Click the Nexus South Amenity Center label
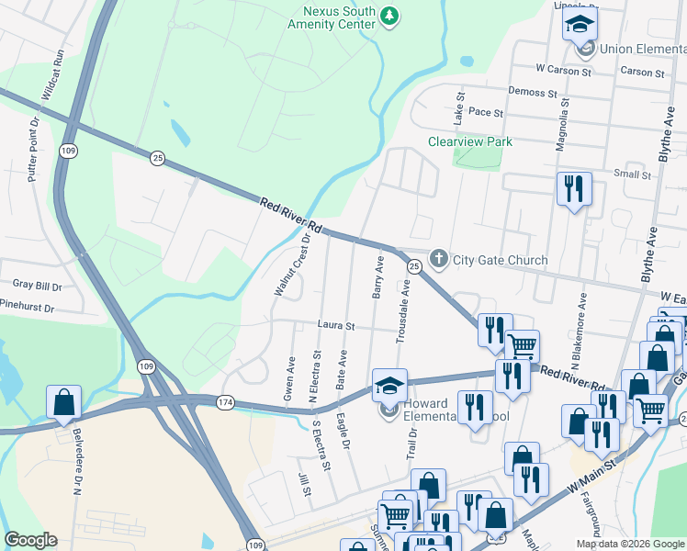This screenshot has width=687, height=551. click(x=339, y=17)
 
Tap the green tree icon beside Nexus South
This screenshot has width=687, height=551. click(x=390, y=15)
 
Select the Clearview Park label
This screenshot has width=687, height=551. click(x=470, y=141)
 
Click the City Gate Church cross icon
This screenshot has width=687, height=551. click(x=439, y=260)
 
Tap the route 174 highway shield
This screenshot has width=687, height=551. click(x=226, y=402)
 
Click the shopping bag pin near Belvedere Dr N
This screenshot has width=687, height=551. click(x=63, y=401)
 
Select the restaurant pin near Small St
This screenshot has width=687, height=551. click(x=574, y=189)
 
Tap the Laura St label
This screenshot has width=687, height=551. click(x=336, y=325)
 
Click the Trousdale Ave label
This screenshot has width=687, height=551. click(x=400, y=312)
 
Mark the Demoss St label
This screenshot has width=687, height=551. click(x=534, y=93)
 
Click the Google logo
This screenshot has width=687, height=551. click(x=30, y=540)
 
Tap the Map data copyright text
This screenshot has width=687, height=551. click(x=630, y=544)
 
